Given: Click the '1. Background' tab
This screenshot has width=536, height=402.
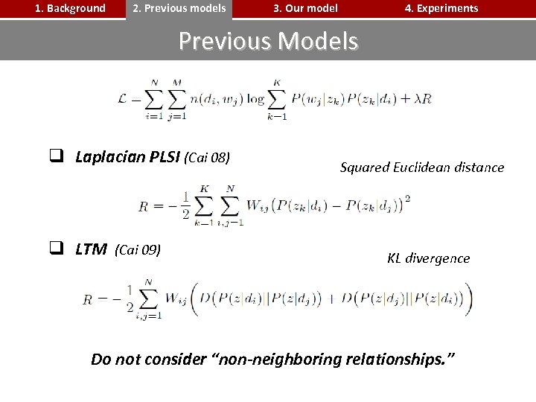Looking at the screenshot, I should coord(71,9).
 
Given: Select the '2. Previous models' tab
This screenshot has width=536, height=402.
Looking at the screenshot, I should coord(179,9).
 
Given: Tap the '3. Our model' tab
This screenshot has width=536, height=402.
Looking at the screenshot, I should coord(305,9).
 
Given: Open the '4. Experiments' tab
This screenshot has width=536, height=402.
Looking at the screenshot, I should coord(441,9).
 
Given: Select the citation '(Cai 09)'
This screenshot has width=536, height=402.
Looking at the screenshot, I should coord(138,249).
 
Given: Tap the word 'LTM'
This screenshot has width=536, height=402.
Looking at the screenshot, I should coord(91,249).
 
